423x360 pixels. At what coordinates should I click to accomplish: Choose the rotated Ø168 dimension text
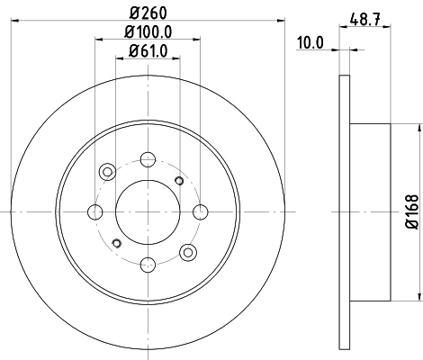tap(410, 211)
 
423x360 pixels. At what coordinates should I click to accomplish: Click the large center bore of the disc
tap(146, 212)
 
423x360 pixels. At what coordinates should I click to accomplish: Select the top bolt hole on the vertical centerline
tap(146, 161)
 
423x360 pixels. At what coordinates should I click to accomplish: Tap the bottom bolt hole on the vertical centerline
tap(146, 264)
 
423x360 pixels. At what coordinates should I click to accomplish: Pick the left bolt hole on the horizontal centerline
tap(94, 212)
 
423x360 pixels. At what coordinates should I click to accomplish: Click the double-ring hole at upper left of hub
tap(107, 171)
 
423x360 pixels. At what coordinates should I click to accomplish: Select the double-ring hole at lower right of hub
tap(188, 252)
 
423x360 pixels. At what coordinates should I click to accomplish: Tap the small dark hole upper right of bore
tap(178, 182)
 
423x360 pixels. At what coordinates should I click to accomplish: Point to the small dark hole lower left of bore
tap(115, 242)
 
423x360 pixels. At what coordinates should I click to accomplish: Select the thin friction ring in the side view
tap(344, 211)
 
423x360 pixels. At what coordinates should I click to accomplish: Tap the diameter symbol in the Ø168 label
tap(410, 225)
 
